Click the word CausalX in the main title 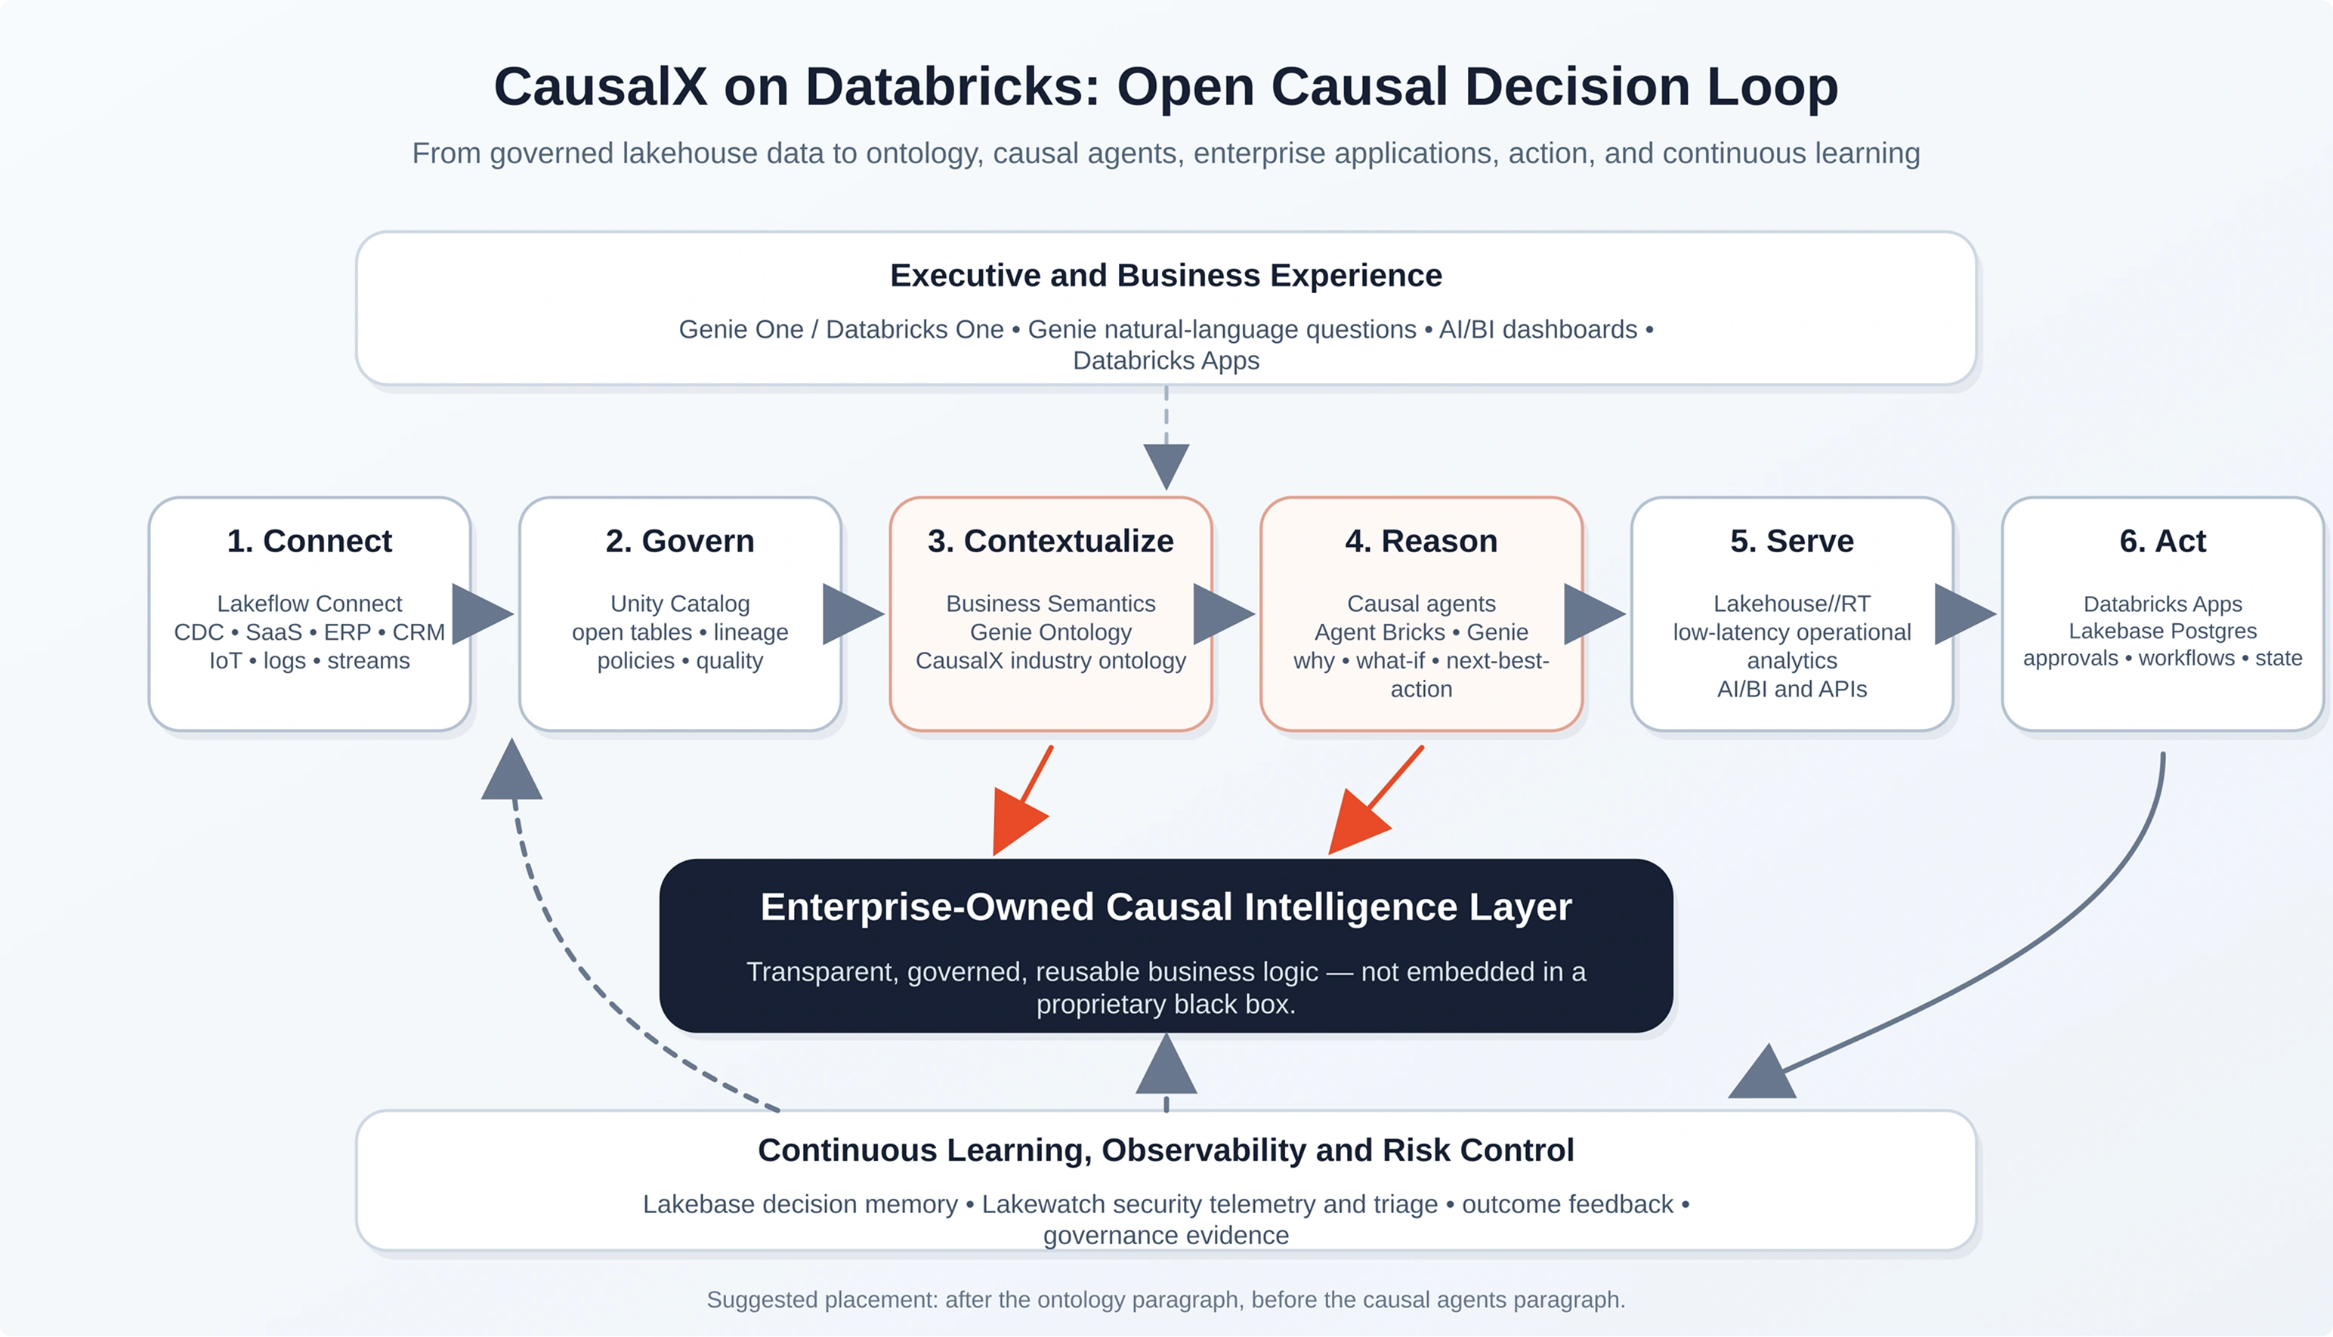pyautogui.click(x=601, y=87)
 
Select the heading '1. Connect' pyautogui.click(x=310, y=541)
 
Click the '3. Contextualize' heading pyautogui.click(x=1050, y=541)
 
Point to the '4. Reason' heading pyautogui.click(x=1421, y=541)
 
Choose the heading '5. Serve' pyautogui.click(x=1791, y=541)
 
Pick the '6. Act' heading pyautogui.click(x=2162, y=541)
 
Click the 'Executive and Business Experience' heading pyautogui.click(x=1166, y=276)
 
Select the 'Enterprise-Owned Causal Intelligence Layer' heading pyautogui.click(x=1166, y=907)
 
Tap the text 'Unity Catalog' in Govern pyautogui.click(x=681, y=604)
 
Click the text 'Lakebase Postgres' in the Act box pyautogui.click(x=2162, y=631)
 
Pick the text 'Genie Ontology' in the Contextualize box pyautogui.click(x=1050, y=633)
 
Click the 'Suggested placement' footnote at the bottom pyautogui.click(x=1166, y=1299)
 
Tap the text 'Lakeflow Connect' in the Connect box pyautogui.click(x=310, y=604)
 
